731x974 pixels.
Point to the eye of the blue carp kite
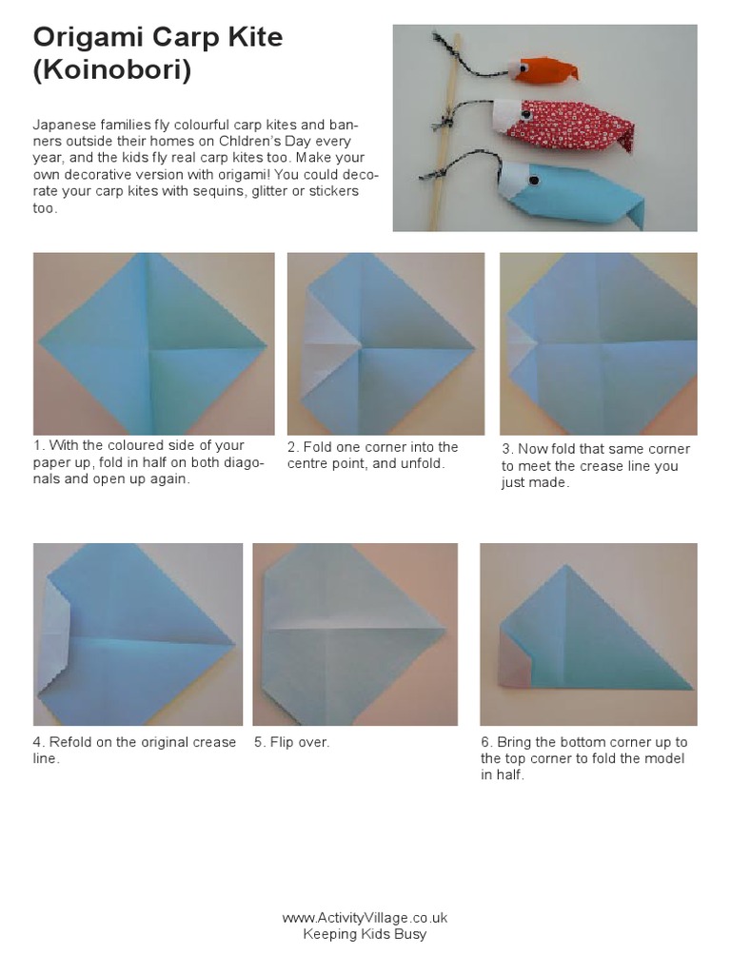(x=533, y=181)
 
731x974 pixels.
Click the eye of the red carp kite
(x=525, y=115)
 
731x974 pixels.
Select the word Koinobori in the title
(x=112, y=69)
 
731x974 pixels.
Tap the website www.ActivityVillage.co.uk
(x=365, y=918)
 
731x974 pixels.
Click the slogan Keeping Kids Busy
(x=365, y=934)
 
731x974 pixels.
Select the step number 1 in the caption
(x=37, y=445)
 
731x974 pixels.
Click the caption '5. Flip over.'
(x=291, y=742)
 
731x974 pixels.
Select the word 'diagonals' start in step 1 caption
(x=243, y=462)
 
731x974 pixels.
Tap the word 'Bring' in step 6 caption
(x=513, y=742)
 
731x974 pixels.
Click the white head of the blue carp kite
(x=515, y=180)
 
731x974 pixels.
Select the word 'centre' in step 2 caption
(x=307, y=463)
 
